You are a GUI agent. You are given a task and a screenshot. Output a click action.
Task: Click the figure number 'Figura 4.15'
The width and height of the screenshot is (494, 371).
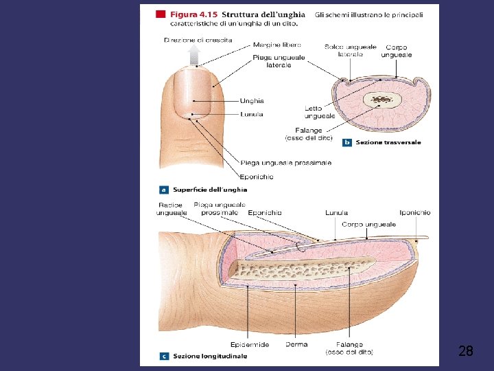click(193, 14)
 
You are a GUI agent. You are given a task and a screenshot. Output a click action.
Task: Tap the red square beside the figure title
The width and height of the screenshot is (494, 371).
click(160, 14)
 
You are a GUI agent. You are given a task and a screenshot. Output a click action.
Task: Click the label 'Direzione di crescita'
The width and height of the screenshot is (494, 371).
click(198, 40)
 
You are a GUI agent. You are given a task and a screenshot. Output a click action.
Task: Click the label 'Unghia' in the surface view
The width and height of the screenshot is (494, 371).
click(252, 101)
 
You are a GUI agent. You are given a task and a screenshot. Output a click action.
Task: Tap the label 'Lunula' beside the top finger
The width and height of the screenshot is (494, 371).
click(252, 114)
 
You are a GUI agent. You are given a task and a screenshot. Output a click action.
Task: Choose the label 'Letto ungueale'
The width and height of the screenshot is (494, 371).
click(320, 112)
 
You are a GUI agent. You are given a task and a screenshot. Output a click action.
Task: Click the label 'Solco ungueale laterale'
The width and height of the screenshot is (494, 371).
click(350, 50)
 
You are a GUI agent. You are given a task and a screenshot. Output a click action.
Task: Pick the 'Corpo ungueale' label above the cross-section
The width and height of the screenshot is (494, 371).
click(397, 50)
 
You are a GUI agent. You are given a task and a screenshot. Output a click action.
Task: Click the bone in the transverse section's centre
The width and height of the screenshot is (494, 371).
click(381, 100)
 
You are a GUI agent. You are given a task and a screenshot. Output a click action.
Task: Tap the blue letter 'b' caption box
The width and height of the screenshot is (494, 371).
click(346, 142)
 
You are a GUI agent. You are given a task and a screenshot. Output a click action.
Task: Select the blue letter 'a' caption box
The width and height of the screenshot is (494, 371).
click(164, 189)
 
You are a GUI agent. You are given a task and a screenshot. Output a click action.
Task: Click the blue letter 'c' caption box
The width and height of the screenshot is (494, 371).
click(164, 356)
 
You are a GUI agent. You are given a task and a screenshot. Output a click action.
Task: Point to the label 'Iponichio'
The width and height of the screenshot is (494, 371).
click(415, 213)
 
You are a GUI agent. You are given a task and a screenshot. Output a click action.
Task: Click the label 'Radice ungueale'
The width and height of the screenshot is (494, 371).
click(171, 209)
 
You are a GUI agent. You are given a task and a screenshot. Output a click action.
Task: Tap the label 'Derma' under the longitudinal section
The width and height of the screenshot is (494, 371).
click(296, 344)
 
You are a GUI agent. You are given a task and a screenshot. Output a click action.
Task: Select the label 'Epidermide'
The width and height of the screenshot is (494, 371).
click(250, 344)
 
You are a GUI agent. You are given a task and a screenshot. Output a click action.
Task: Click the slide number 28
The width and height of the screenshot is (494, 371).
click(465, 352)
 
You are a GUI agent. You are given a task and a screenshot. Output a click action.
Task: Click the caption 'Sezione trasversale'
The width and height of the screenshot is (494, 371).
click(388, 142)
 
